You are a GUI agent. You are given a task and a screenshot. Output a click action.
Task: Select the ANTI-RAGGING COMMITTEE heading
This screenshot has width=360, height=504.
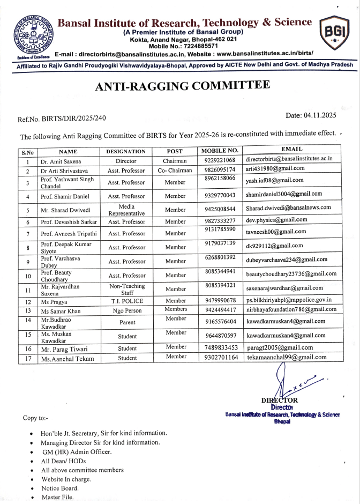click(x=182, y=86)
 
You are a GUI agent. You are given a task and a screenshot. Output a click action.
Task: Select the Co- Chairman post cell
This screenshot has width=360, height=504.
click(x=175, y=171)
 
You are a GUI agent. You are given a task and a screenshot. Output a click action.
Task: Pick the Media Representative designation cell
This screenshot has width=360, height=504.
click(x=126, y=210)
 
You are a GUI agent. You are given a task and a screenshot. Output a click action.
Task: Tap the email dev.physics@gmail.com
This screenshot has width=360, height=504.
click(x=276, y=220)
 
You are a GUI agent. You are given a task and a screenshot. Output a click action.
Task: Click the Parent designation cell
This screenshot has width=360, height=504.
click(x=126, y=323)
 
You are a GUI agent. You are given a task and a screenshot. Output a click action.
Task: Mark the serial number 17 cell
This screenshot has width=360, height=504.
click(x=27, y=359)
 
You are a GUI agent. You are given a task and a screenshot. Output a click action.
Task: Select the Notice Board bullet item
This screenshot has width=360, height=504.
click(x=60, y=488)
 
